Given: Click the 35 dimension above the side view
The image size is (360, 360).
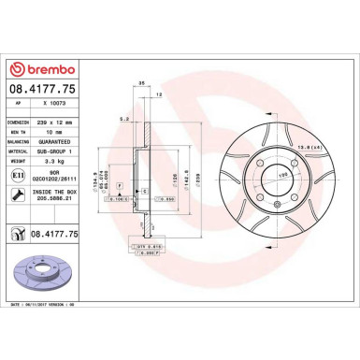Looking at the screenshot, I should [x=140, y=82].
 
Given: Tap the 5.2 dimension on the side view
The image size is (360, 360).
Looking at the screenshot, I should [x=123, y=118].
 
